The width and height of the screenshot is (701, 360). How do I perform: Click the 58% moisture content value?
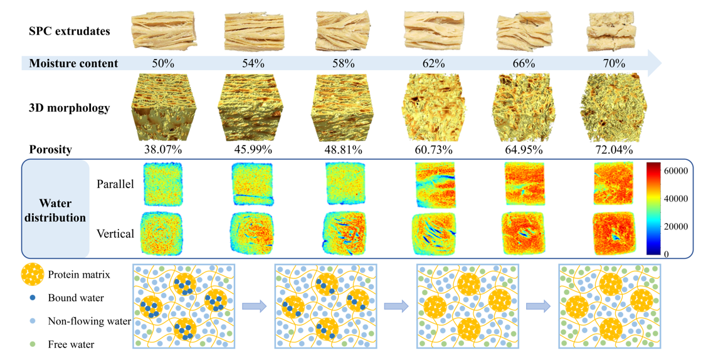[344, 63]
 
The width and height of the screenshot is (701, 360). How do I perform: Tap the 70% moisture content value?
[614, 63]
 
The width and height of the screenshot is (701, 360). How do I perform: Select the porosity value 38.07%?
[162, 150]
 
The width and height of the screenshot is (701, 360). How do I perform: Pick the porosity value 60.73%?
[433, 150]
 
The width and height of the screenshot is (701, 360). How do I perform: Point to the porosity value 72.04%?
[614, 150]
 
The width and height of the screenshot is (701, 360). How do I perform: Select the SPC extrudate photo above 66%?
[524, 31]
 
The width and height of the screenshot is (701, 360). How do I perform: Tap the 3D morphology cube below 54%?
[253, 108]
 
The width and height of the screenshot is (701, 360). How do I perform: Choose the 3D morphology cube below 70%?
[613, 108]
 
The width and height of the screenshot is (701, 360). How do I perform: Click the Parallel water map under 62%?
[434, 184]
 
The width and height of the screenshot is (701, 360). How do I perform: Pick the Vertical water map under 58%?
[344, 233]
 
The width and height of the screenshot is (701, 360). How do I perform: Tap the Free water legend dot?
[32, 344]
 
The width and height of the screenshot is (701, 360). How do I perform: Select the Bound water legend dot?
[32, 298]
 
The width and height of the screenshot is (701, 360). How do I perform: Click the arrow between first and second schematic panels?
[255, 306]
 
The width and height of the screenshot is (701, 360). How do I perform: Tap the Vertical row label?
[115, 234]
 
